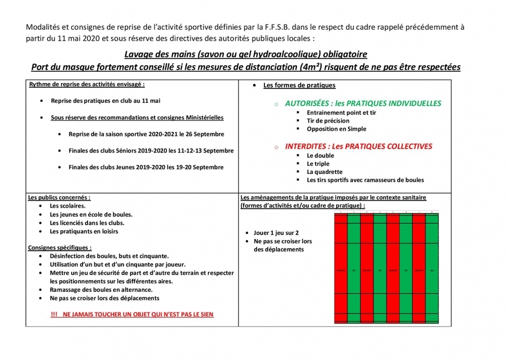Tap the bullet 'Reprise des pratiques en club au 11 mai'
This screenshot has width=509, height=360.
point(105,101)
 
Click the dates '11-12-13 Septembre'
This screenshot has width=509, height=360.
point(204,151)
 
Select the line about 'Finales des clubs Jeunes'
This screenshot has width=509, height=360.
point(146,167)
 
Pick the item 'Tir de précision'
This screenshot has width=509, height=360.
point(328,121)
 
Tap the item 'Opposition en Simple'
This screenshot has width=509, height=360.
point(337,129)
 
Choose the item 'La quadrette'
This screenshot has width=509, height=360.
point(325,172)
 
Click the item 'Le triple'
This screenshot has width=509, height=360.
point(318,164)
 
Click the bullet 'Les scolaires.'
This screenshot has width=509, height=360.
point(68,206)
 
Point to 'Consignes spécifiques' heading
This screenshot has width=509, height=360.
point(60,248)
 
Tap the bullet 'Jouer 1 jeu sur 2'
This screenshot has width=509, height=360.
point(276,233)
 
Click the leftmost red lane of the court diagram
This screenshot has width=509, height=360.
point(341,269)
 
